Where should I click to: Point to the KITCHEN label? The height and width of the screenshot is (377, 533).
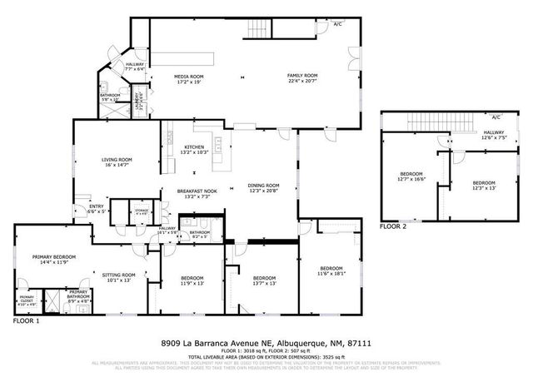193,147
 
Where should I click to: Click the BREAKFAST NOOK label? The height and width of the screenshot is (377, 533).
197,191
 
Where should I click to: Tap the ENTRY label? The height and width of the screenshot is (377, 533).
97,206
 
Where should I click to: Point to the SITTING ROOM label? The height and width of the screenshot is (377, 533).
119,275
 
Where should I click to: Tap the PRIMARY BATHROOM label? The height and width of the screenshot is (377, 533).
79,293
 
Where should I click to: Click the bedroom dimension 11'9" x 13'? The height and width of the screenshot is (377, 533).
193,283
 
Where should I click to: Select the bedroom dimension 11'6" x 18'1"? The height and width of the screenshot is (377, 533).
331,273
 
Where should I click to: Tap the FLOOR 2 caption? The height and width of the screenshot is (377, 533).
393,226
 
